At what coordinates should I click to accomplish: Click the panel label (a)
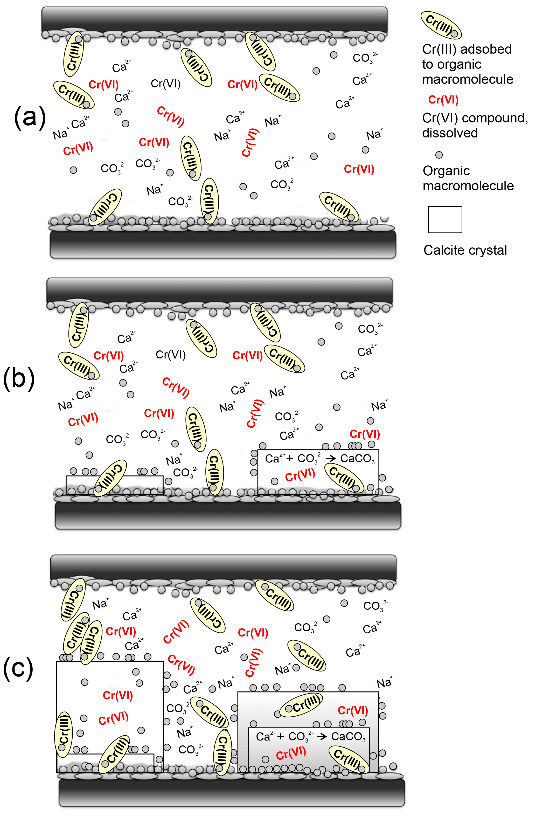pos(30,118)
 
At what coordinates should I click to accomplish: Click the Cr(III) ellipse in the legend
pos(441,25)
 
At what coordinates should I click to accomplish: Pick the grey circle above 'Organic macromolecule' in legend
pos(439,155)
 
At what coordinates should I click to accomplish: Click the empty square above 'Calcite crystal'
pos(445,220)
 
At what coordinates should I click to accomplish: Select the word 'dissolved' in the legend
pos(450,133)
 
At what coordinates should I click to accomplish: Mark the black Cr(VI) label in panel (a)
pos(165,84)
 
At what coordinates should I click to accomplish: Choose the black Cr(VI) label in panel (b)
pos(171,355)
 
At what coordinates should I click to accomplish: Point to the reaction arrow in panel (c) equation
pos(321,736)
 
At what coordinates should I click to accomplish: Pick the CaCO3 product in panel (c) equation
pos(348,737)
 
